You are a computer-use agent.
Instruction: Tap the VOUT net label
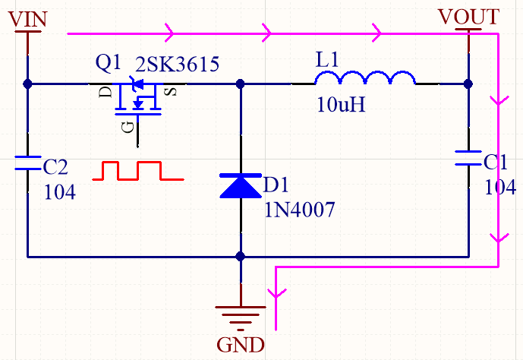tap(468, 17)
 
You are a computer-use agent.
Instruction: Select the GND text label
tap(241, 346)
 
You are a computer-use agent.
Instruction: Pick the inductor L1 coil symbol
tap(365, 77)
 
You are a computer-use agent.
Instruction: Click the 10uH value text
tap(342, 105)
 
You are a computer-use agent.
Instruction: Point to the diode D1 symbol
tap(241, 185)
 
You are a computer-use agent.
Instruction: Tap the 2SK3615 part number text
tap(177, 64)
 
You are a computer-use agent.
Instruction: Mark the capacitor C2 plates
tap(27, 162)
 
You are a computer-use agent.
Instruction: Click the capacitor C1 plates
tap(468, 157)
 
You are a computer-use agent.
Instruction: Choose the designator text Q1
tap(109, 64)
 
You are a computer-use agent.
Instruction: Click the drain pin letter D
tap(106, 92)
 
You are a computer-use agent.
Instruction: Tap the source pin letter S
tap(171, 92)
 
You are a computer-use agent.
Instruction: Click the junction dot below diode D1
tap(241, 257)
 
